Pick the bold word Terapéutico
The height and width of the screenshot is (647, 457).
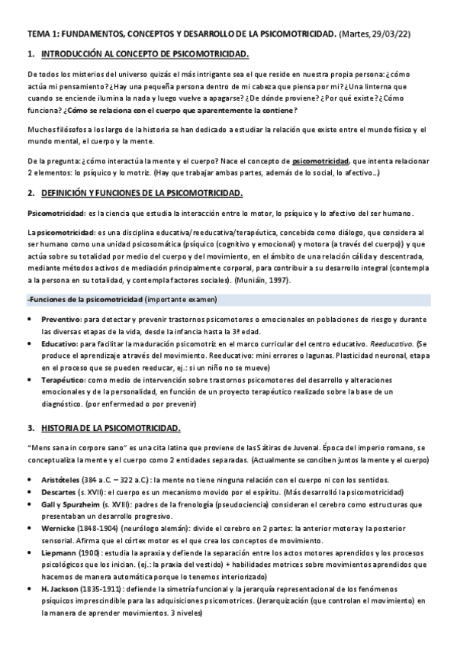click(63, 378)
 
